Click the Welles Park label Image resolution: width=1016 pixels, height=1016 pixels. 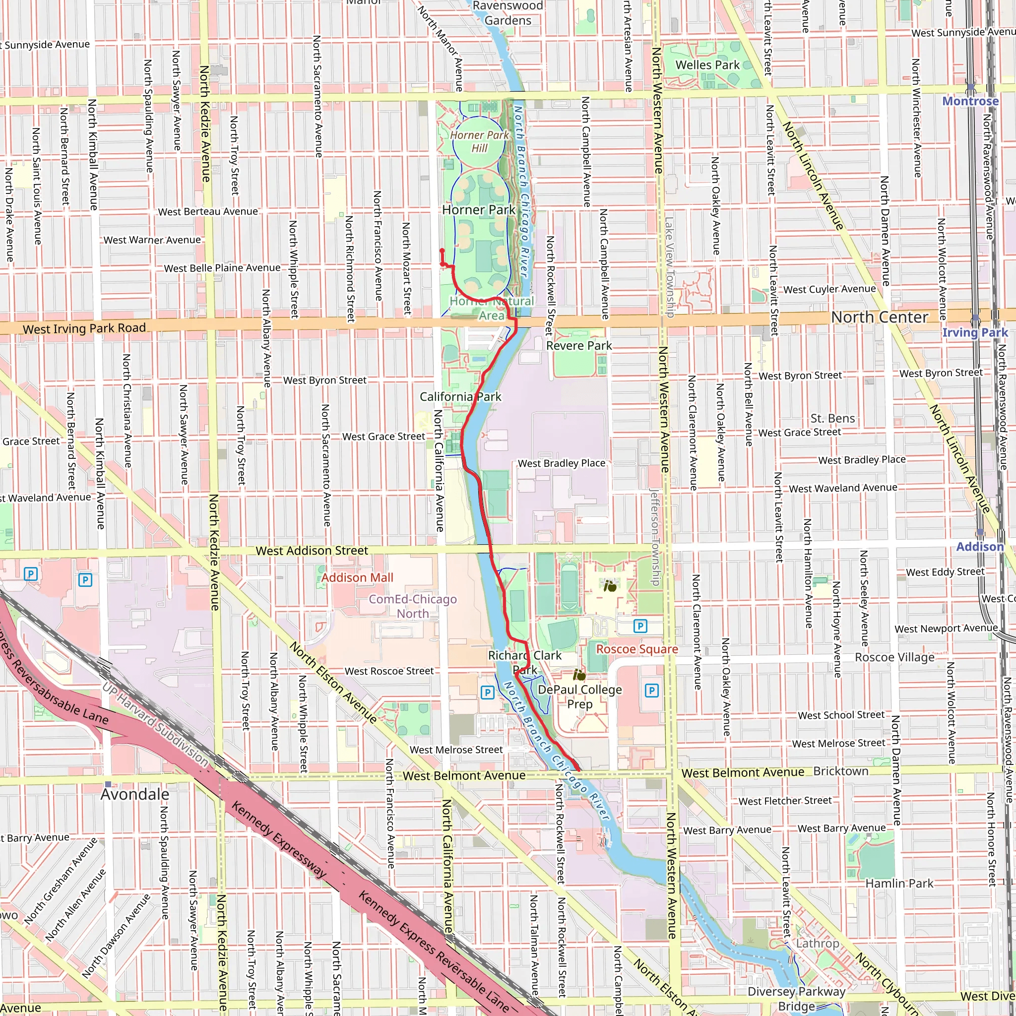[x=707, y=65]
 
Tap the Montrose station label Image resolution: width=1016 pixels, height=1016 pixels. [x=970, y=101]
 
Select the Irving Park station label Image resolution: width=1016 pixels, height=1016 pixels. [x=975, y=332]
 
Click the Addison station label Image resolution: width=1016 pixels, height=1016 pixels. [x=980, y=547]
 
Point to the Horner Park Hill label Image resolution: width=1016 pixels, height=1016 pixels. [x=479, y=141]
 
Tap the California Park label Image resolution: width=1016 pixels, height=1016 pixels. [x=460, y=397]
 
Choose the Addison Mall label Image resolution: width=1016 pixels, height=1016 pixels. [x=357, y=577]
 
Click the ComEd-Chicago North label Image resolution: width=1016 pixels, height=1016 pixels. [x=413, y=606]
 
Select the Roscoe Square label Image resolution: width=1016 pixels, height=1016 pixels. [x=637, y=649]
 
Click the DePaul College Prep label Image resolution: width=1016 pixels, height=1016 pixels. [x=579, y=697]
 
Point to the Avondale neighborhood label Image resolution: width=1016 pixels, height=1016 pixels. [x=135, y=795]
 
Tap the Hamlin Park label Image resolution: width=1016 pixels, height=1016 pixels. [x=899, y=884]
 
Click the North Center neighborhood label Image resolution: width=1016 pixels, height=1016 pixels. [x=879, y=317]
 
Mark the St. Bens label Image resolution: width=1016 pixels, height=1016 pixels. [x=832, y=419]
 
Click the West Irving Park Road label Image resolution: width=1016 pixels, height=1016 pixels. [x=84, y=329]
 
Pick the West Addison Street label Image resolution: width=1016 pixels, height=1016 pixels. [x=312, y=551]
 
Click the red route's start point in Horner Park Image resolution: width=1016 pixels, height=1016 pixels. [x=442, y=252]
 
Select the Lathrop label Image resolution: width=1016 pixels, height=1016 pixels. [x=817, y=944]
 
